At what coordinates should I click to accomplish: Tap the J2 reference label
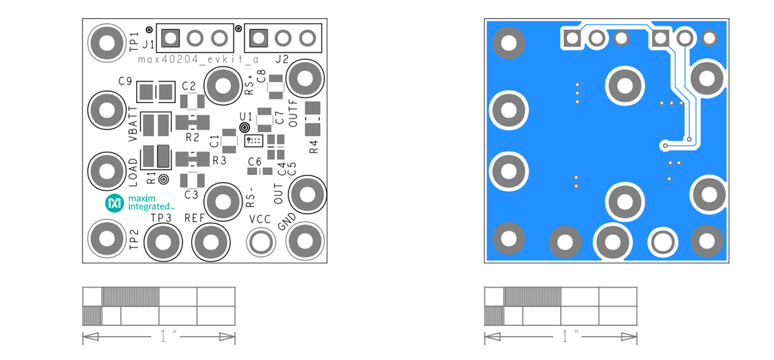point(281,59)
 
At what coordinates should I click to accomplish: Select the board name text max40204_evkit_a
point(198,59)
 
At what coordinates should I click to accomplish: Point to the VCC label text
point(260,219)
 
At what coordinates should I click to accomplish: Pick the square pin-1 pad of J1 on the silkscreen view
point(170,39)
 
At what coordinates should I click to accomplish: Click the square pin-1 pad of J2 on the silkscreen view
point(259,39)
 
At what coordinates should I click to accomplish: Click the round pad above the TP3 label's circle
point(163,243)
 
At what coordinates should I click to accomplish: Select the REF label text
point(194,218)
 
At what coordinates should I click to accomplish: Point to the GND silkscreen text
point(286,222)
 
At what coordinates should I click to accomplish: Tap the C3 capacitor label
point(191,194)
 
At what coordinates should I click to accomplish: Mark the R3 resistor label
point(219,160)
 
